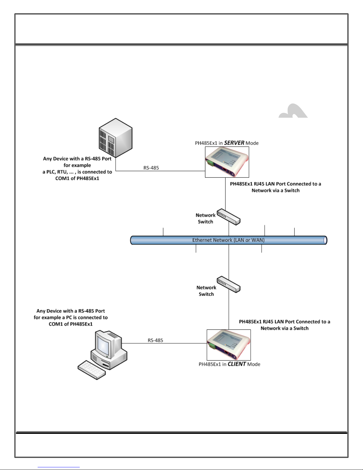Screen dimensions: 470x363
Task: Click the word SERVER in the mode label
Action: pyautogui.click(x=234, y=143)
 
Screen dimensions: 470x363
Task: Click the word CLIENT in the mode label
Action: pyautogui.click(x=236, y=364)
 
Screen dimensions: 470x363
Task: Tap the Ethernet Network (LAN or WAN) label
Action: pyautogui.click(x=228, y=240)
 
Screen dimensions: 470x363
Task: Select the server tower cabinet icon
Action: pyautogui.click(x=115, y=138)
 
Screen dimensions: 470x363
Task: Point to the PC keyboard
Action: pyautogui.click(x=92, y=370)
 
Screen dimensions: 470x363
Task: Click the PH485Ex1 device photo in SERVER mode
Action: pyautogui.click(x=227, y=162)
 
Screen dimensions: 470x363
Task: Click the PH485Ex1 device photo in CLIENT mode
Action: pyautogui.click(x=228, y=345)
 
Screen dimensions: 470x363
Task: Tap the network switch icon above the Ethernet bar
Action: pyautogui.click(x=228, y=217)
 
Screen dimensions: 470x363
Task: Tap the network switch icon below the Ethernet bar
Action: pyautogui.click(x=228, y=284)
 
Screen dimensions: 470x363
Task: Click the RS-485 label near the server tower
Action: pyautogui.click(x=151, y=168)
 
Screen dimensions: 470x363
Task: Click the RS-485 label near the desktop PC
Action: pyautogui.click(x=155, y=340)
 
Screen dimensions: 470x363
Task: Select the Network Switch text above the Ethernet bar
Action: pyautogui.click(x=205, y=219)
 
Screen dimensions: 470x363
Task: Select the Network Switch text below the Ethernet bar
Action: pyautogui.click(x=206, y=291)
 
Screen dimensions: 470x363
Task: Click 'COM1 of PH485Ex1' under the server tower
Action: pyautogui.click(x=77, y=179)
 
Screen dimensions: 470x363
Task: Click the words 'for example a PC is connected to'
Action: pyautogui.click(x=71, y=318)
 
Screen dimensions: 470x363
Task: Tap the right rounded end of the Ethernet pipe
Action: pyautogui.click(x=325, y=240)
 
